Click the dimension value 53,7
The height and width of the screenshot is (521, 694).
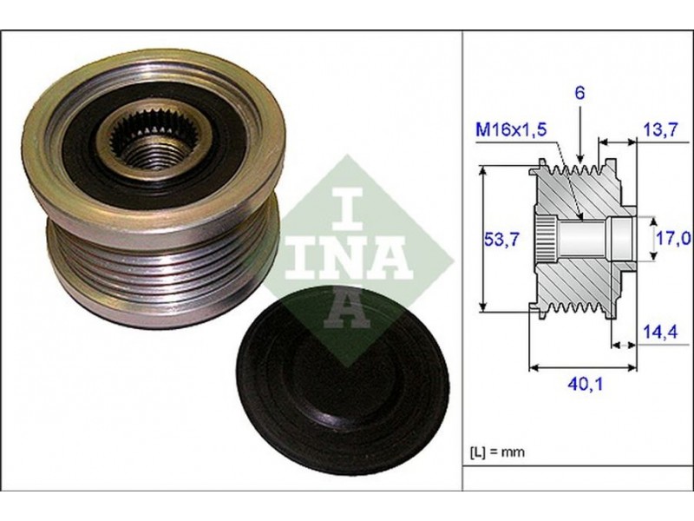tap(501, 241)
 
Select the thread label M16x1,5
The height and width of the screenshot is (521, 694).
tap(511, 129)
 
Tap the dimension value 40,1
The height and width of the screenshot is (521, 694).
tap(585, 384)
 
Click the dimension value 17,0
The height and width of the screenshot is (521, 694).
tap(674, 239)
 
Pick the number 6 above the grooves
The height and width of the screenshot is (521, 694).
tap(579, 93)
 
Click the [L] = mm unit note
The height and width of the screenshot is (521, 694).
tap(496, 452)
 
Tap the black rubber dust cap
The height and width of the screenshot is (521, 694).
tap(342, 380)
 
